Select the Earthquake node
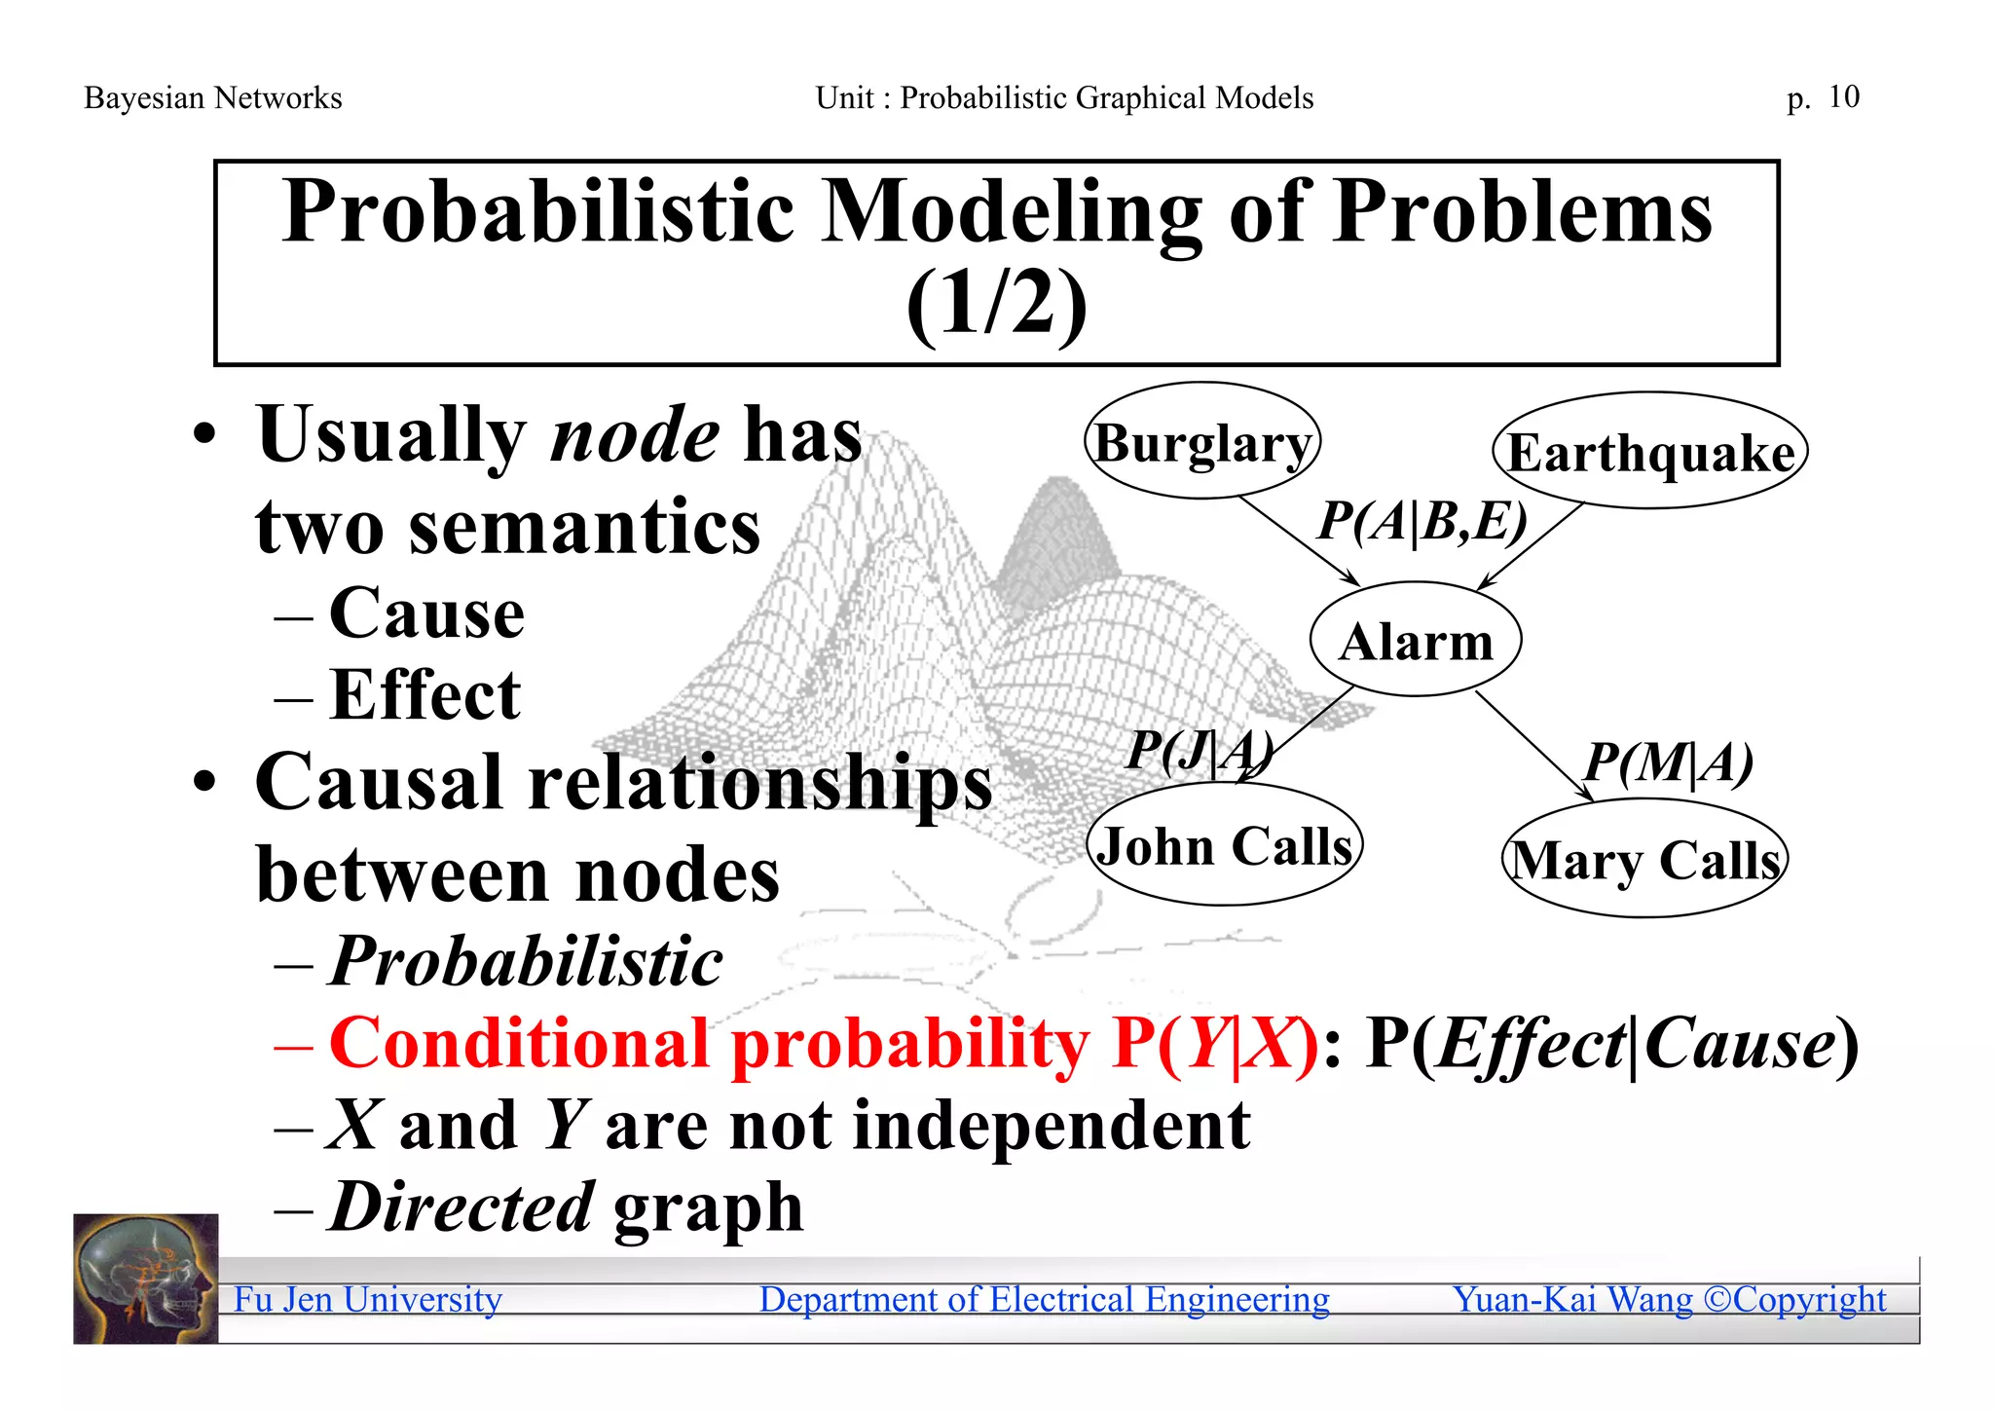tap(1650, 451)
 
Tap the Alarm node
tap(1416, 640)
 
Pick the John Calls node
tap(1224, 844)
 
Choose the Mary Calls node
tap(1645, 859)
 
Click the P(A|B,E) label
tap(1422, 521)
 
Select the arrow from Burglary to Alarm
tap(1299, 541)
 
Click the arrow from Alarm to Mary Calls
tap(1533, 746)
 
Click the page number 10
tap(1843, 96)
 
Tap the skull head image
tap(146, 1279)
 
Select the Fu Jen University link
tap(368, 1299)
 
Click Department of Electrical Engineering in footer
tap(1044, 1299)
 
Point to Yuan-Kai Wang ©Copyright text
tap(1669, 1299)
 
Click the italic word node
tap(635, 435)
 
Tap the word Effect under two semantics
tap(425, 694)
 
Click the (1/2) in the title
tap(996, 304)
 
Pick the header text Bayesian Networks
tap(213, 97)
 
